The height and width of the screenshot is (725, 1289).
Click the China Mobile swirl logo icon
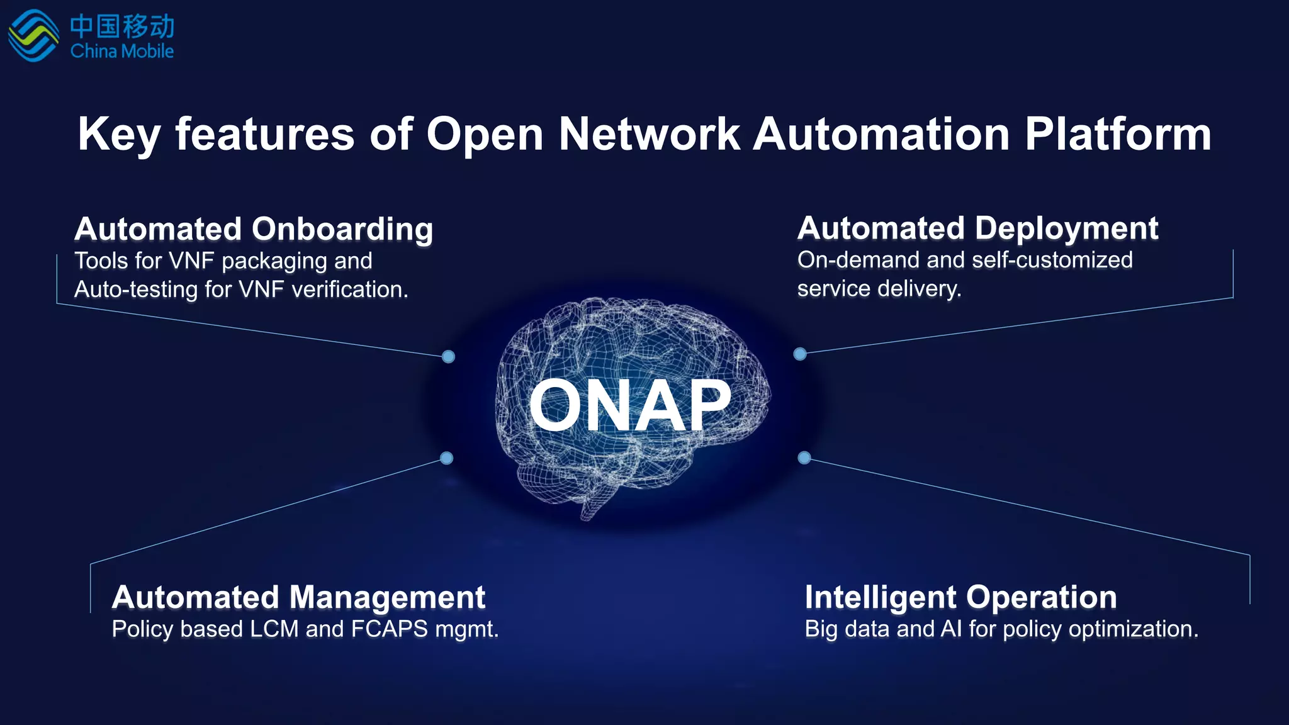[33, 36]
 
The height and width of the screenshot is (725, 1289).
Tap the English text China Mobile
[122, 51]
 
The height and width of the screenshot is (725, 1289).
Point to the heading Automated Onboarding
[254, 229]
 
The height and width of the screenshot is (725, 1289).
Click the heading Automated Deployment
[977, 228]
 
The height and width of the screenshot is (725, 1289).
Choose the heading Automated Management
[298, 597]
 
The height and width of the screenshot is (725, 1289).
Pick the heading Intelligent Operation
[960, 597]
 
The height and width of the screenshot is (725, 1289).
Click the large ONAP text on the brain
[630, 406]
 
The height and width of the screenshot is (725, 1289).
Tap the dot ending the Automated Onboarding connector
[448, 357]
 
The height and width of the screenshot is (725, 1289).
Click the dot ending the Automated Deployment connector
[800, 354]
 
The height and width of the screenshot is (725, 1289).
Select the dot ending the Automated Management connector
[447, 458]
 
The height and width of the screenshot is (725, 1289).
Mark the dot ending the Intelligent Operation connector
[804, 458]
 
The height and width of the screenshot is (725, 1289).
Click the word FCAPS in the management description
[389, 629]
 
